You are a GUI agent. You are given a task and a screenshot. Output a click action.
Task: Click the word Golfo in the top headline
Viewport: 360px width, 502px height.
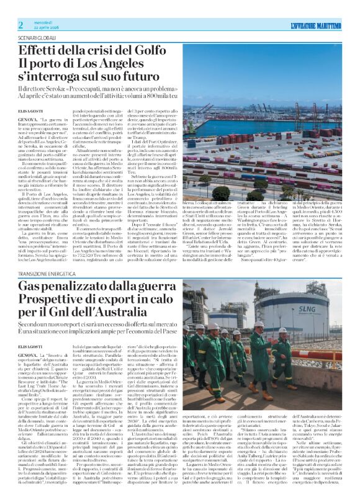(x=166, y=49)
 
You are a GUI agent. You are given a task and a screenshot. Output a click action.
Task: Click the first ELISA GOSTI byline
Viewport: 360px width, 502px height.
(x=30, y=110)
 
